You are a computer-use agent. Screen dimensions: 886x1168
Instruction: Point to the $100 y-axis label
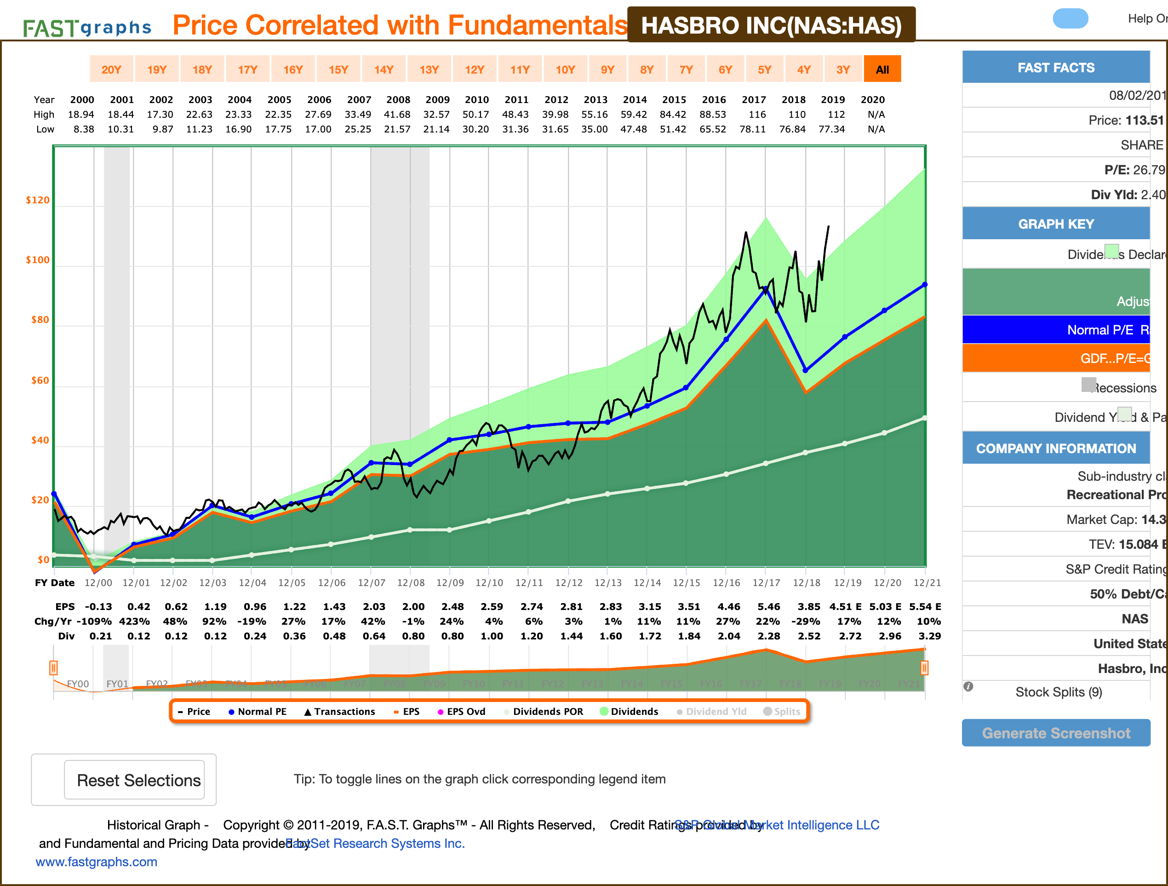coord(38,260)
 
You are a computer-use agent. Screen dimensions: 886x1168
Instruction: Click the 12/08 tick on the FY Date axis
coord(411,583)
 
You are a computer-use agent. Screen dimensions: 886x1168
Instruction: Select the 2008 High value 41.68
coord(397,115)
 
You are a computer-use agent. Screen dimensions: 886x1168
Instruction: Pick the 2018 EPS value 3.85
coord(808,606)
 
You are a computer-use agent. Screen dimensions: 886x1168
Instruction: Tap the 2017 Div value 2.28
coord(768,636)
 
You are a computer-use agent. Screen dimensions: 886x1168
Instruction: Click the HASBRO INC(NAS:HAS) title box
coord(771,25)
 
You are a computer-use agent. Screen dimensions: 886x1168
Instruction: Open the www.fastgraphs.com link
coord(96,862)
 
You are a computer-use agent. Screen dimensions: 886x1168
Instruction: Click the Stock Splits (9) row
coord(1058,692)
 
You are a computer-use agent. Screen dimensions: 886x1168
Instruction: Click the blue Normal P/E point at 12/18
coord(805,370)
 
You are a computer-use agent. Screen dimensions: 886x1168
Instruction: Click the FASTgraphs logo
coord(87,28)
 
